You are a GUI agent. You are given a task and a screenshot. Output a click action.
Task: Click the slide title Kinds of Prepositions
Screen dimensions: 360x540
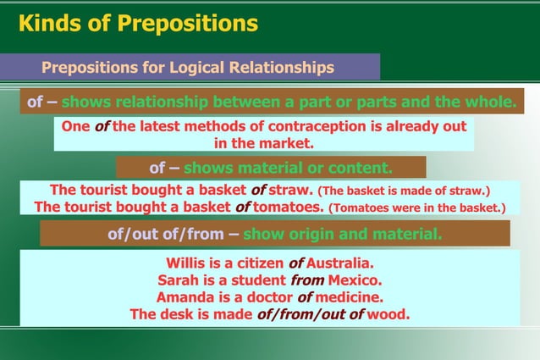coord(138,24)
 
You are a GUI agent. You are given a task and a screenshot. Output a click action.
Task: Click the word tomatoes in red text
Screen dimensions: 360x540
coord(288,207)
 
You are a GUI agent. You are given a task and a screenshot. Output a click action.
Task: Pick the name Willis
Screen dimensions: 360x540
coord(185,263)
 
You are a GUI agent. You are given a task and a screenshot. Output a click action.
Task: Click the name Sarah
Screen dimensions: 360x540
coord(177,280)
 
